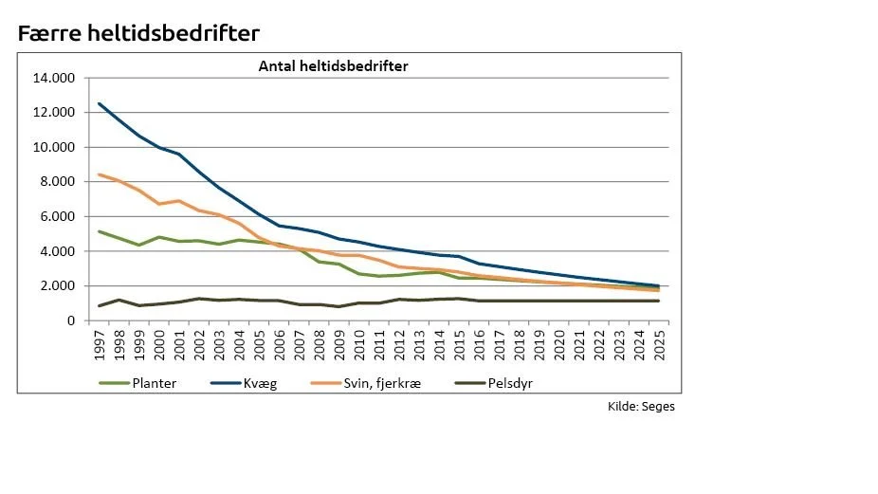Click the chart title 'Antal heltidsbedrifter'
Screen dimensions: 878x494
333,66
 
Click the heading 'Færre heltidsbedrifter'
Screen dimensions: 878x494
138,33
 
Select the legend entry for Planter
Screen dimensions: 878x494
137,383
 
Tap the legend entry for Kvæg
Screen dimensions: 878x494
244,383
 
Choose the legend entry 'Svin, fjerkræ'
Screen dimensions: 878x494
366,383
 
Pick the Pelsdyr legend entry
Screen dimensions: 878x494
493,383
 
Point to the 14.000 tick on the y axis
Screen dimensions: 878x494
54,78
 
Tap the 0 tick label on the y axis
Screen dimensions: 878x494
71,320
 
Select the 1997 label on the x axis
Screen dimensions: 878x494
100,345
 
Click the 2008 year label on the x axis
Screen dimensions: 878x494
320,345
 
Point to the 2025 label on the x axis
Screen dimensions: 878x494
660,345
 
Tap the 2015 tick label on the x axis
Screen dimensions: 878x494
460,345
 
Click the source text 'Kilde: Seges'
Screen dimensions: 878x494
641,407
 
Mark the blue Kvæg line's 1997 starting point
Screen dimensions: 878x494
100,103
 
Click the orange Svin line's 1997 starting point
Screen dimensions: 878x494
100,174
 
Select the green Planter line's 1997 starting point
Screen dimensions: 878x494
100,231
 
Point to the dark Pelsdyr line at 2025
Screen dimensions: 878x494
658,301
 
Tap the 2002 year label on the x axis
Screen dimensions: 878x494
200,345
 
